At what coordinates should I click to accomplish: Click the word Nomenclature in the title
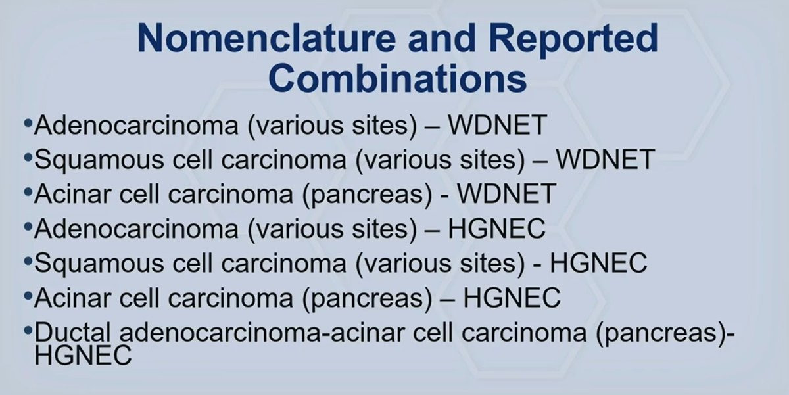[266, 37]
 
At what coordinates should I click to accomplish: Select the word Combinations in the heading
[397, 78]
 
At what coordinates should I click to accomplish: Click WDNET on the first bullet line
[497, 125]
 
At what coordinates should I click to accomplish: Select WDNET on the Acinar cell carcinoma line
[507, 194]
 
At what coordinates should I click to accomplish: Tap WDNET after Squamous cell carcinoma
[606, 160]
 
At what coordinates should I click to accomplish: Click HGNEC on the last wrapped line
[83, 355]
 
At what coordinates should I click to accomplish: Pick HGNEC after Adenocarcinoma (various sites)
[496, 229]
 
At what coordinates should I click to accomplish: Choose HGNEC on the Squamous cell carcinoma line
[598, 263]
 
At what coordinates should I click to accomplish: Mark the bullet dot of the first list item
[28, 123]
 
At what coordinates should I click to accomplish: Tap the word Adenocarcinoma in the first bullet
[136, 125]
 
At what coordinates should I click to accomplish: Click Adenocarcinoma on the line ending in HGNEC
[136, 229]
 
